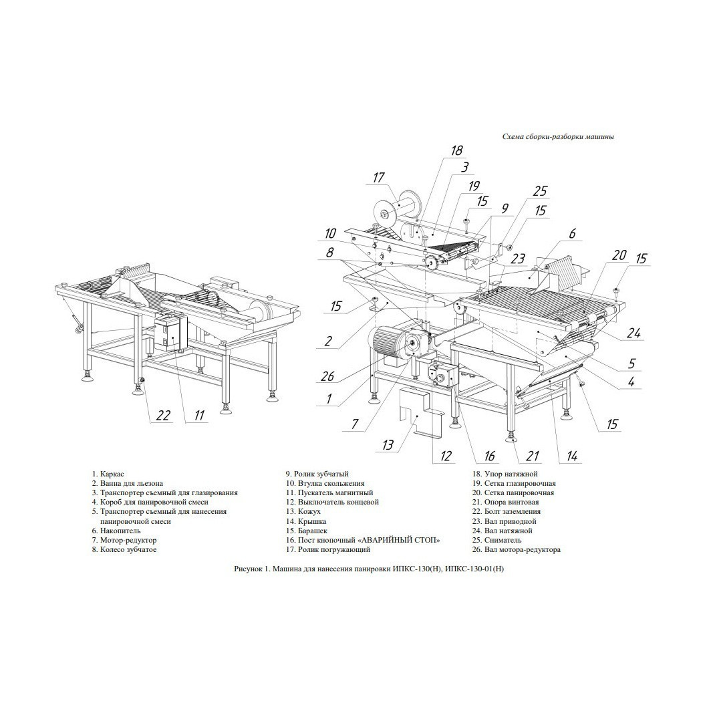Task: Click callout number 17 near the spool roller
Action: [x=378, y=177]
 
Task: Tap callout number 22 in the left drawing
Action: [x=163, y=415]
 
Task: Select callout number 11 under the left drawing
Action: [x=199, y=415]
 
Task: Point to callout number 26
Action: [x=327, y=376]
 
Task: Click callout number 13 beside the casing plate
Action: [x=388, y=444]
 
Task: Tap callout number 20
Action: [x=619, y=255]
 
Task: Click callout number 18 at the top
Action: [x=456, y=150]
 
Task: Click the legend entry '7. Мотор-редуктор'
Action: [x=124, y=540]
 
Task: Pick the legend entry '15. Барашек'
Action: [x=307, y=531]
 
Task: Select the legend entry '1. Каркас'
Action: [x=108, y=474]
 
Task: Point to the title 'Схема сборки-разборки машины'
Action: [x=559, y=136]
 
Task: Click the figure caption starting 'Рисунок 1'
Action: [x=369, y=569]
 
